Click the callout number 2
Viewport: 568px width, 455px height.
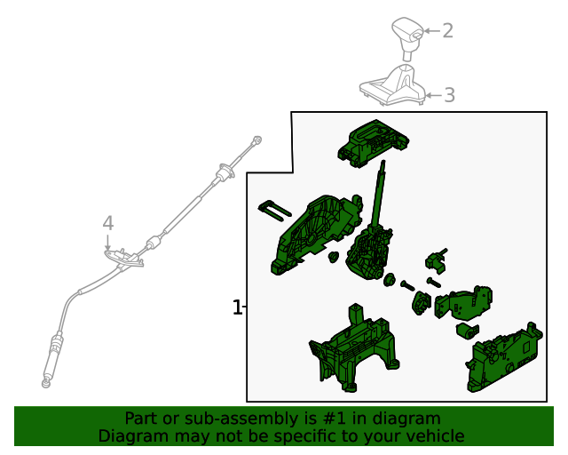tap(447, 31)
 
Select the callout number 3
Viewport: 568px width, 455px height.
tap(449, 95)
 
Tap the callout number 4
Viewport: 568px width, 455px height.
tap(108, 223)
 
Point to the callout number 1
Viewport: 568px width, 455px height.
tap(237, 307)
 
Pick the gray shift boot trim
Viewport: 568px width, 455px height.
tap(392, 85)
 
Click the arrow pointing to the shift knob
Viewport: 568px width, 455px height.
tap(432, 31)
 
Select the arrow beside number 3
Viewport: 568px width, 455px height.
tap(433, 95)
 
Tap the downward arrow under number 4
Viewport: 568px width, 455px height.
tap(107, 243)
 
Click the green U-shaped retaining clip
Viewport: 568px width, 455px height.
tap(274, 210)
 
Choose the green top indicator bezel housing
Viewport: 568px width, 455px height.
tap(373, 142)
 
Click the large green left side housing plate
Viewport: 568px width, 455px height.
tap(315, 234)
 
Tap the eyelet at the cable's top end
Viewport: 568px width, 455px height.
tap(257, 140)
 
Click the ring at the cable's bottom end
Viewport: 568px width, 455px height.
tap(45, 383)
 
